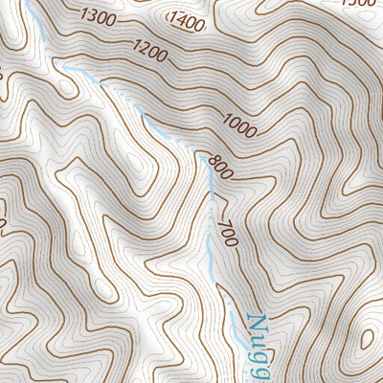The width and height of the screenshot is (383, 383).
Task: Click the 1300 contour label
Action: pos(100,16)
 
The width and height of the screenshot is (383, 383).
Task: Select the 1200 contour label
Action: pos(150,49)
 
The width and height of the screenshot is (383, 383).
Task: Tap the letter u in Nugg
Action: pos(257,342)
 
